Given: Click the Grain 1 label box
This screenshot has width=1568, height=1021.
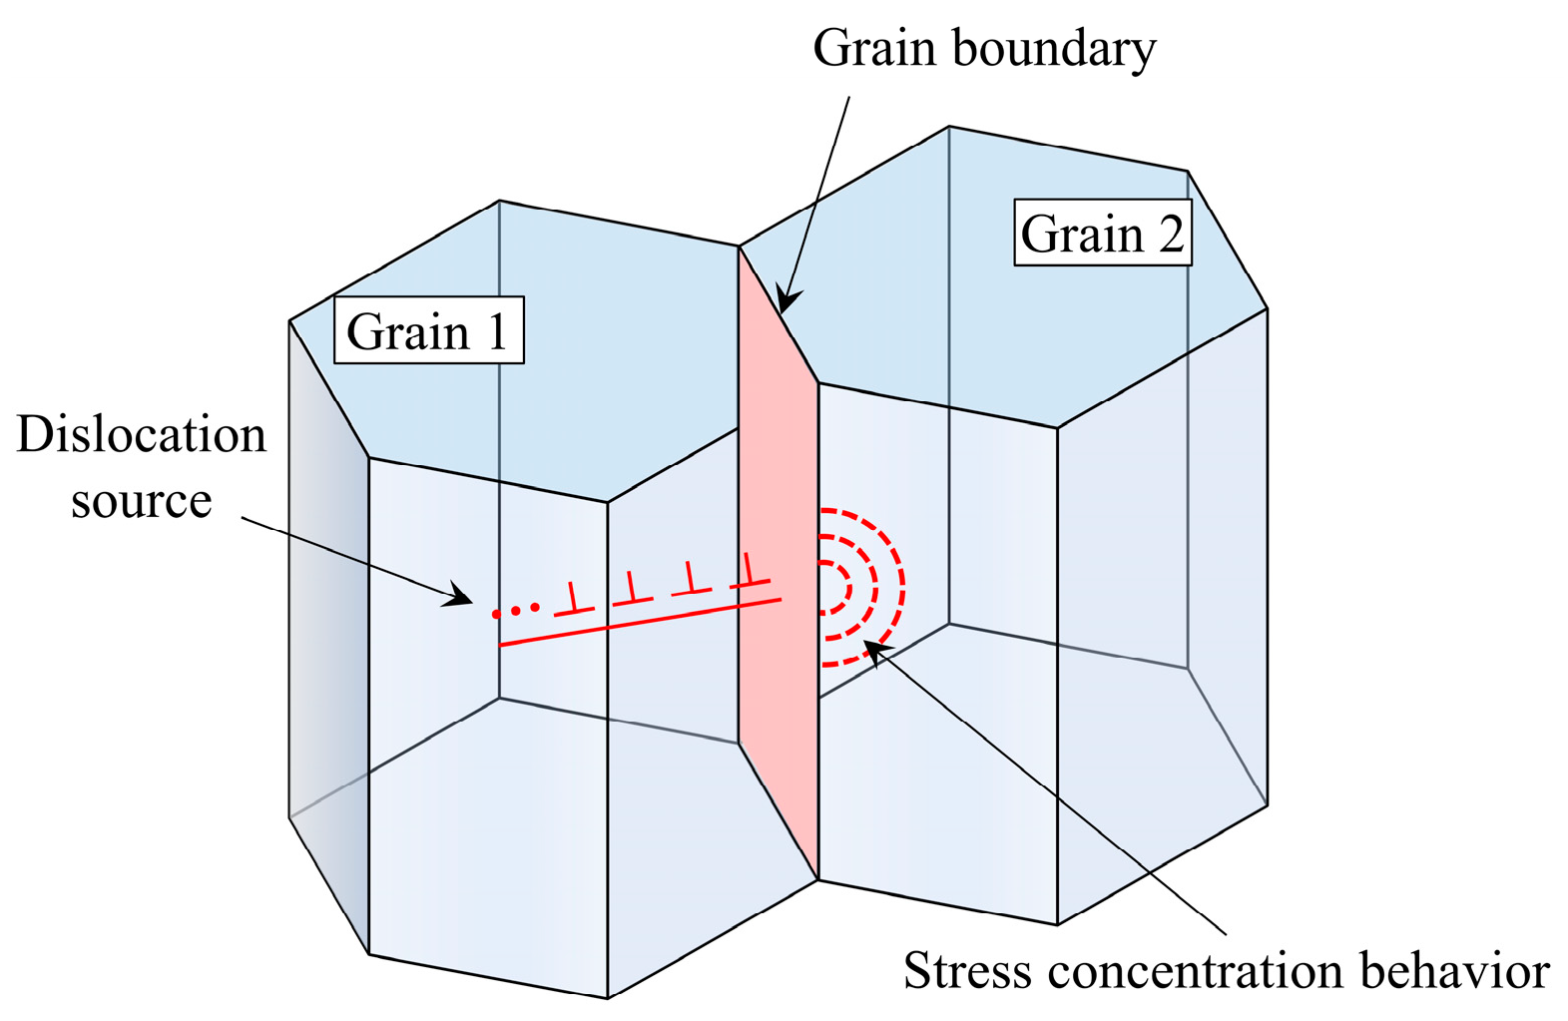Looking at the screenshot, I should pyautogui.click(x=427, y=330).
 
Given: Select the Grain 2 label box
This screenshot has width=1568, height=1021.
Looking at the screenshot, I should pyautogui.click(x=1102, y=233).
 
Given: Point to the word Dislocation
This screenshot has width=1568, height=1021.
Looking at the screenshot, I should pyautogui.click(x=142, y=435).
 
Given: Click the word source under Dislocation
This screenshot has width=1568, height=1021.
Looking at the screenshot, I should pyautogui.click(x=142, y=500).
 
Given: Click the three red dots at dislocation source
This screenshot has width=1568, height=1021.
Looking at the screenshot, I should pyautogui.click(x=516, y=610).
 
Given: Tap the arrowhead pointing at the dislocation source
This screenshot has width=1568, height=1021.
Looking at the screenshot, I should pyautogui.click(x=461, y=599).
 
